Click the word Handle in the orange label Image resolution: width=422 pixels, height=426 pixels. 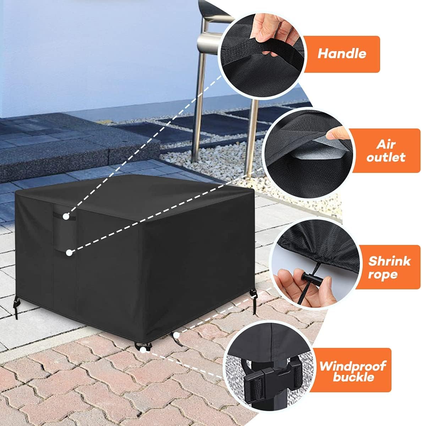click(x=341, y=54)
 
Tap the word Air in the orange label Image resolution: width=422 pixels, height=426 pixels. click(x=386, y=144)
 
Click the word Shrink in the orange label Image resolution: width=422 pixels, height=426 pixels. click(x=389, y=261)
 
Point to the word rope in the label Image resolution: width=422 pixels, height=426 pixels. click(x=382, y=274)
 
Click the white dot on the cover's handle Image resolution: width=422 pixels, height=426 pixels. click(x=66, y=216)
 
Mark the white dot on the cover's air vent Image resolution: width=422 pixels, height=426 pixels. click(x=69, y=252)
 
